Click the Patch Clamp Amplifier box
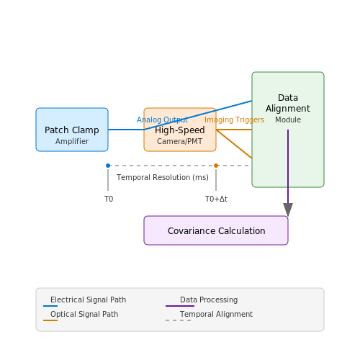pos(72,130)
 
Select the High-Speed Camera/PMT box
pos(180,130)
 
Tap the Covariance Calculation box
pos(216,230)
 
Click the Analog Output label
pos(162,120)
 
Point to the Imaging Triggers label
pos(234,120)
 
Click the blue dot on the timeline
pos(108,166)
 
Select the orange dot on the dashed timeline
pos(216,166)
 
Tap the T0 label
pos(109,199)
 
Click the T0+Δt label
pos(216,199)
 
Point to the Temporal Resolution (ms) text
pos(163,177)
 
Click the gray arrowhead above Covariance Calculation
pos(288,210)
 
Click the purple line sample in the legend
pos(180,306)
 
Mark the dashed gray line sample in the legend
pos(179,320)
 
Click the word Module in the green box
pos(288,120)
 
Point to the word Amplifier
pos(72,141)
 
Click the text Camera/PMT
pos(180,141)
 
